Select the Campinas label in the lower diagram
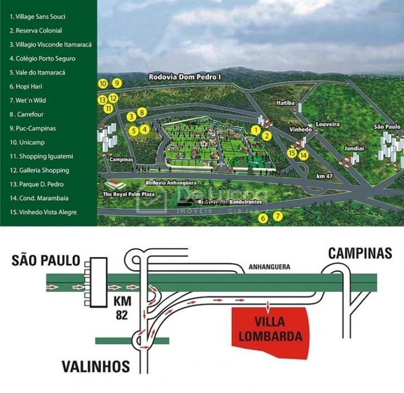tap(360, 253)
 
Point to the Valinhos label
tap(96, 366)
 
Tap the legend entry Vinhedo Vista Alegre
tap(43, 212)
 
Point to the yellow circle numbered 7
tap(278, 216)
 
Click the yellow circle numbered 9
tap(117, 83)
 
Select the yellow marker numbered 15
tap(291, 153)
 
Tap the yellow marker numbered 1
tap(256, 130)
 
